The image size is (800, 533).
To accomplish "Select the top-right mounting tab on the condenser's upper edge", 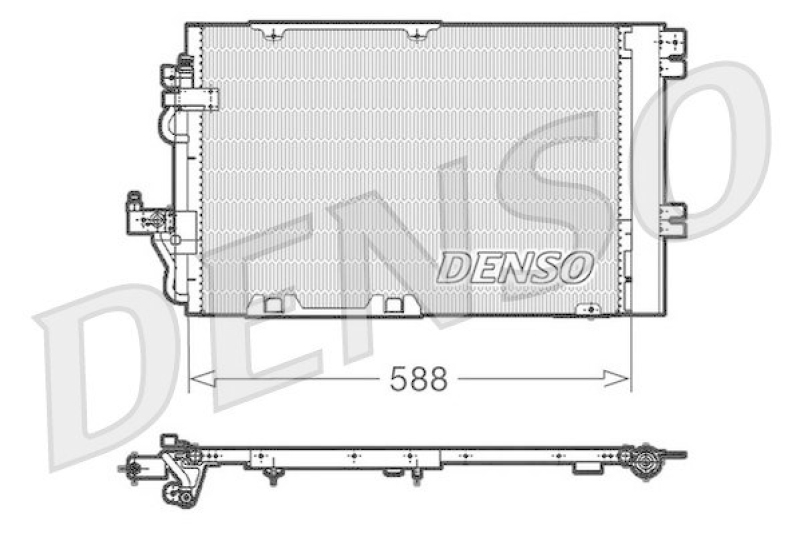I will [417, 33].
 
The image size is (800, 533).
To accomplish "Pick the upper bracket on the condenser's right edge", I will [674, 47].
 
